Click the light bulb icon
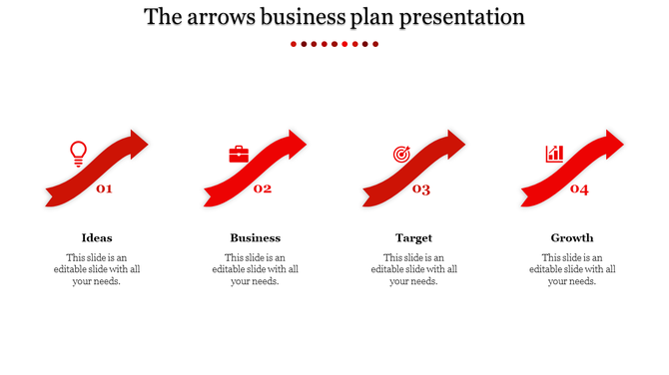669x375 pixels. click(x=78, y=154)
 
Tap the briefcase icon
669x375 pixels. click(x=239, y=155)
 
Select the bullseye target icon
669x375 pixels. click(x=400, y=155)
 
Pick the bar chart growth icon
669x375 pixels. click(x=554, y=154)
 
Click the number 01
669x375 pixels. click(x=104, y=188)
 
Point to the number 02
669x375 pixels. click(x=263, y=188)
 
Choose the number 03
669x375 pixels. click(x=421, y=189)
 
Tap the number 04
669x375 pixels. click(x=579, y=188)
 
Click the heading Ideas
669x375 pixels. click(x=97, y=238)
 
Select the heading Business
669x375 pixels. click(x=255, y=238)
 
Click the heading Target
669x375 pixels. click(x=413, y=238)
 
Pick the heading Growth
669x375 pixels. click(x=572, y=238)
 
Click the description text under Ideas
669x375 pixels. click(x=97, y=269)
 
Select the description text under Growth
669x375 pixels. click(x=572, y=269)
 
